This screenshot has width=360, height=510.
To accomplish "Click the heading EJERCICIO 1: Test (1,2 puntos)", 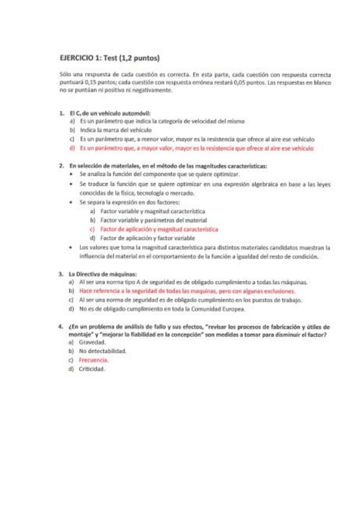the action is [109, 59].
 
